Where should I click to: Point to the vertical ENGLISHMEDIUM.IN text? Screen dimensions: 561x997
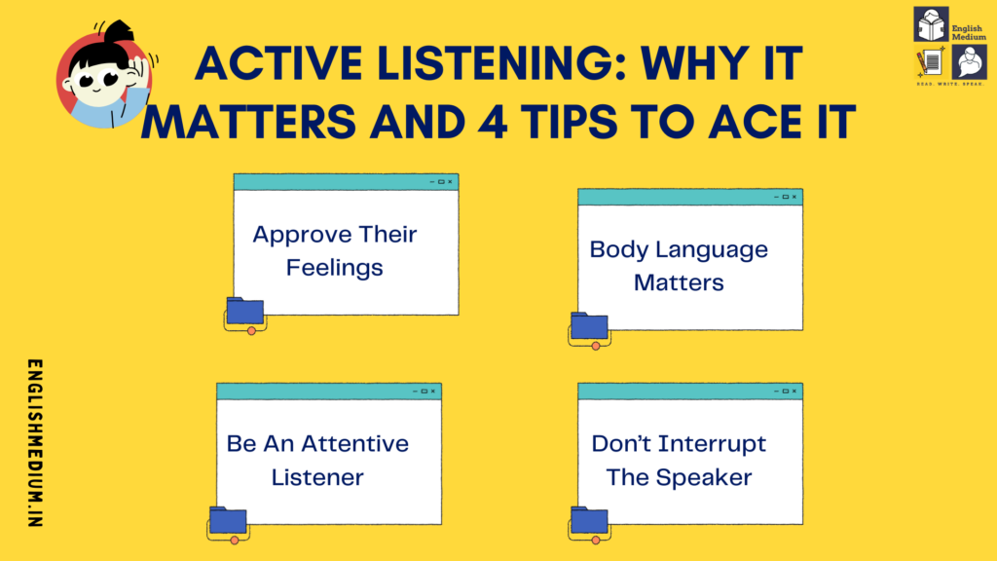pos(36,443)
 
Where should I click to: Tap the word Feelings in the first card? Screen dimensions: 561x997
pos(334,267)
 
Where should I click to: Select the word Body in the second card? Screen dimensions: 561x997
pos(618,249)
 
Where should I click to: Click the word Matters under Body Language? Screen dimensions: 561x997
pos(679,282)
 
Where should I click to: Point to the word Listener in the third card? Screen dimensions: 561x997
pos(317,477)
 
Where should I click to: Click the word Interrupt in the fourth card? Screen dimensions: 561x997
pos(712,444)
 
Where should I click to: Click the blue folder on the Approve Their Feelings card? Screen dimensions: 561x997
pos(244,311)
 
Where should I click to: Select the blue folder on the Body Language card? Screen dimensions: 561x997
pos(589,326)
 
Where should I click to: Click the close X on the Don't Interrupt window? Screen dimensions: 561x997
pos(794,391)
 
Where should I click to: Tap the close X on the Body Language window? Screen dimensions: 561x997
pos(794,197)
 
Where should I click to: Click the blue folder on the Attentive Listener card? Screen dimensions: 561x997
pos(228,520)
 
